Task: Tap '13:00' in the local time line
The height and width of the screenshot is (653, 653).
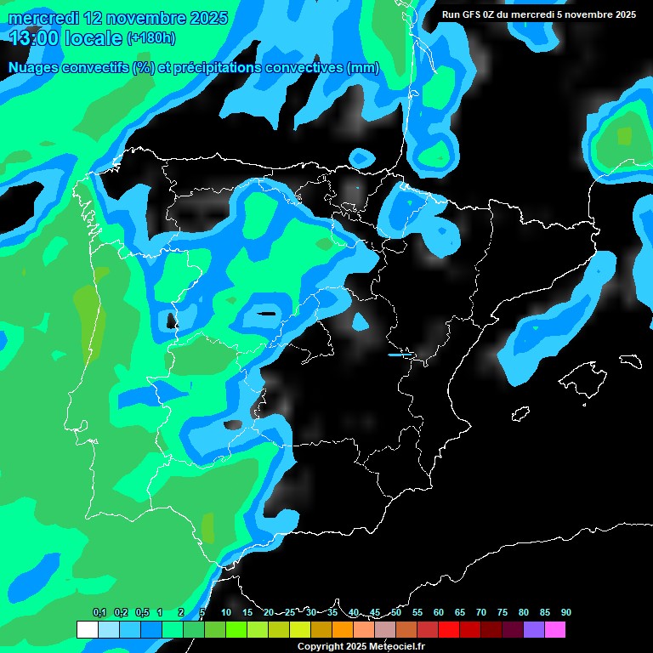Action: coord(33,37)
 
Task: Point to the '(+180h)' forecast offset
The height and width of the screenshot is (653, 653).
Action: coord(151,37)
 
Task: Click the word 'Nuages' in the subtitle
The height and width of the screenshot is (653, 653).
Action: coord(33,68)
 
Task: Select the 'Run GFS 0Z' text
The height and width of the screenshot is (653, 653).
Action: coord(471,14)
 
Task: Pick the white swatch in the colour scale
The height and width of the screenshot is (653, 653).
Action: coord(87,630)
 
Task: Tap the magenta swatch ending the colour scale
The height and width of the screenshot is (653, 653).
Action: coord(554,630)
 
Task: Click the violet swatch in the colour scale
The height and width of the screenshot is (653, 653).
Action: coord(533,630)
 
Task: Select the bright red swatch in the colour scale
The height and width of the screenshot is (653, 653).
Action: coord(448,630)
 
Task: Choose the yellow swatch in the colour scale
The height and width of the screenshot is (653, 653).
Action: coord(299,630)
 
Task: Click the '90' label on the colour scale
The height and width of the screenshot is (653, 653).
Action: coord(565,612)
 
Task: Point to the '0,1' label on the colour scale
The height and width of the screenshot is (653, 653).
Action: coord(99,612)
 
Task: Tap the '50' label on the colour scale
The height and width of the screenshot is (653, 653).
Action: coord(396,612)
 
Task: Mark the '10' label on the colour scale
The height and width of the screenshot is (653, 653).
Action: coord(226,612)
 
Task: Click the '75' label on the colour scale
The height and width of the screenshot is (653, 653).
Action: coord(502,612)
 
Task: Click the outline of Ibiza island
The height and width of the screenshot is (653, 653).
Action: coord(520,414)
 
